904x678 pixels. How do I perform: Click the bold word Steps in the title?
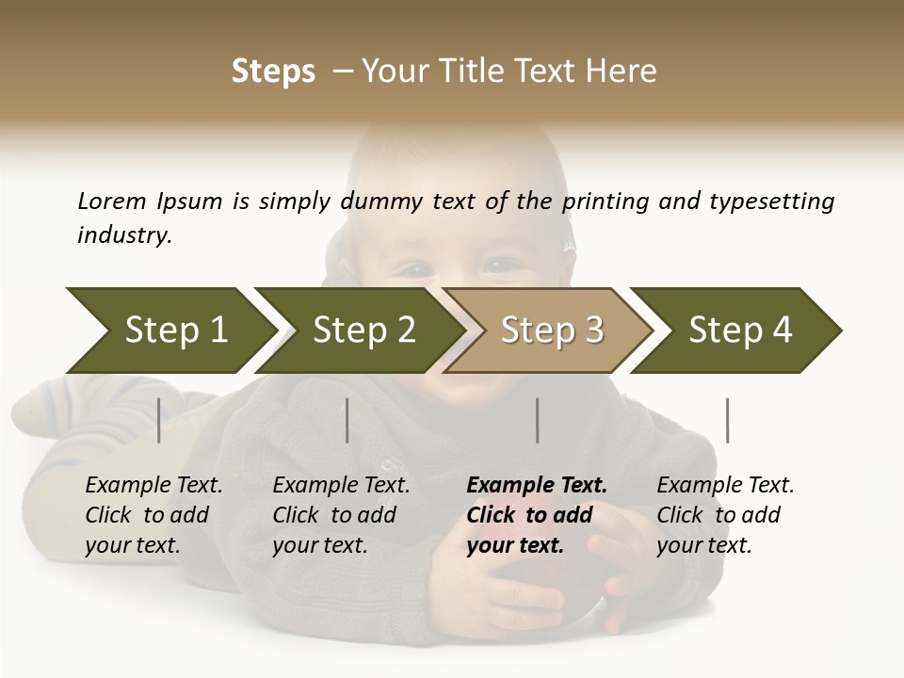(273, 72)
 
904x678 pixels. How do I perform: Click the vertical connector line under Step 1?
(159, 420)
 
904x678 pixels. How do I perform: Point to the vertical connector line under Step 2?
(347, 420)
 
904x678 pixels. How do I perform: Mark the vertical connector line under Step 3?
(538, 420)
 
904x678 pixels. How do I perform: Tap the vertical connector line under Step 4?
(727, 420)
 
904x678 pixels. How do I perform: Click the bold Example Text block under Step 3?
(537, 515)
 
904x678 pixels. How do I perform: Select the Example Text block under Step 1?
(153, 515)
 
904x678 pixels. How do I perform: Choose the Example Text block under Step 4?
(725, 515)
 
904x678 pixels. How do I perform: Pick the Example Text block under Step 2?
(341, 515)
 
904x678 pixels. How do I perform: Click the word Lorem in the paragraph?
(112, 202)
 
